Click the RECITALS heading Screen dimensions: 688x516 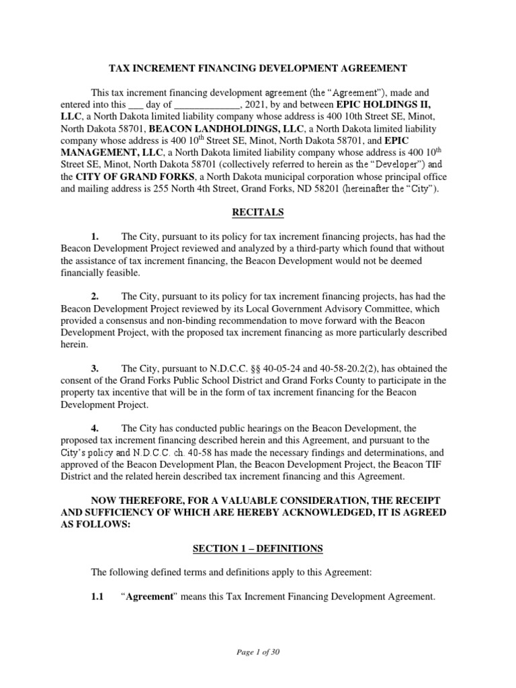(258, 213)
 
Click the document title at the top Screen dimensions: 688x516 (258, 68)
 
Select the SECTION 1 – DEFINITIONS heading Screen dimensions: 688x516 (258, 549)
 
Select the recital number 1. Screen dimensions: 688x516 (95, 237)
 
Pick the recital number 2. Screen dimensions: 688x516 (95, 296)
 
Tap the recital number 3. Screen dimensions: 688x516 (95, 369)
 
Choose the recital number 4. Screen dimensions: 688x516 (95, 428)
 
